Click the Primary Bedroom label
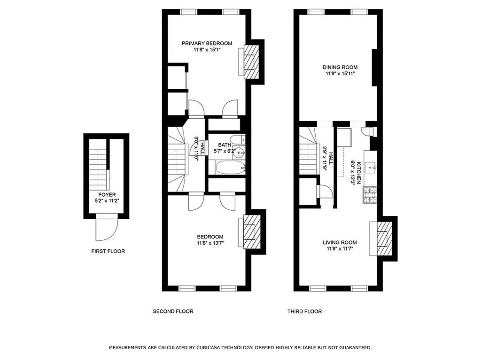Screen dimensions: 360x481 [x=207, y=43]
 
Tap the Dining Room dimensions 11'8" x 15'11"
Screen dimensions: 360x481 [x=340, y=74]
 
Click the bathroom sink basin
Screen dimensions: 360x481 [x=240, y=152]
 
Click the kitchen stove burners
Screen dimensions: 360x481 [x=370, y=195]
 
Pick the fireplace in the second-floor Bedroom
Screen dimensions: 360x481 [x=252, y=232]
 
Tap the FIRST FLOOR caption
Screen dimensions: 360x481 [x=108, y=251]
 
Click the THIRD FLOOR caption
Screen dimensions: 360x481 [x=304, y=311]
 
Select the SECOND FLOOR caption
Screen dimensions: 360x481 [x=173, y=311]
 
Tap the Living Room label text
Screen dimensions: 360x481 [x=340, y=243]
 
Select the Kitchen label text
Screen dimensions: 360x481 [x=358, y=173]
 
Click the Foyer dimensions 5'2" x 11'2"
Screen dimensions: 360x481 [x=107, y=201]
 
